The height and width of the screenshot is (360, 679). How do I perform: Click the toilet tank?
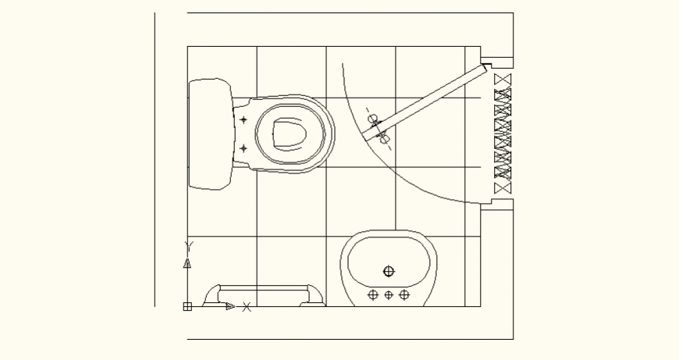[210, 134]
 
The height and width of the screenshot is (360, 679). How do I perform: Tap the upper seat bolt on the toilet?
[243, 120]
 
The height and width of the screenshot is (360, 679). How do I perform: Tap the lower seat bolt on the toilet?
[243, 148]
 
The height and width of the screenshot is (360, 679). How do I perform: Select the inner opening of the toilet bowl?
[289, 134]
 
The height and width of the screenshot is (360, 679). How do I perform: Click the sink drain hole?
[389, 271]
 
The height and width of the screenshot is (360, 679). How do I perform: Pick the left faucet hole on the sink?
[373, 294]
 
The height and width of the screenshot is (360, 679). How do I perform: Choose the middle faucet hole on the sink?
[389, 294]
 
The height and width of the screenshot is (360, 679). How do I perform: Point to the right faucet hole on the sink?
[403, 294]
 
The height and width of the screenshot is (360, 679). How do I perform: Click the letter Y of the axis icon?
[187, 245]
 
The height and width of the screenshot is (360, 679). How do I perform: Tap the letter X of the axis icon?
[247, 307]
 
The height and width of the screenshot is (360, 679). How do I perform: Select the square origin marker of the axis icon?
[187, 307]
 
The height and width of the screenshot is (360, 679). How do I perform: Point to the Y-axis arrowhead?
[187, 263]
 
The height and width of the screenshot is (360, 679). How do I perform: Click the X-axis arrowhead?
[230, 307]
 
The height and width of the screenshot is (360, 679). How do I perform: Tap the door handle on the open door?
[378, 129]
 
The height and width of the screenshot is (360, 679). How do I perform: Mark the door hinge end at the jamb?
[482, 69]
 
